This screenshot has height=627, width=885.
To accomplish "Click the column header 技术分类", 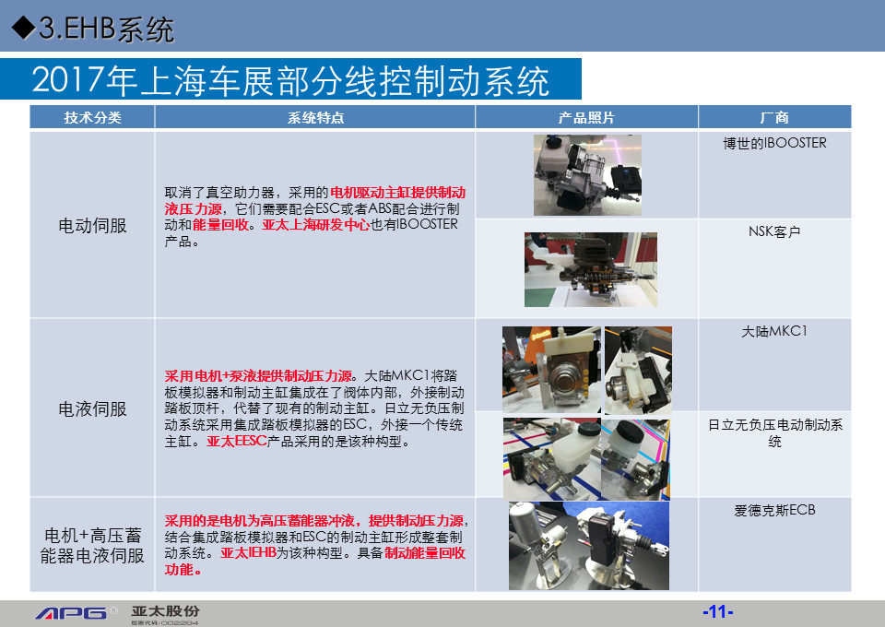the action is click(92, 117).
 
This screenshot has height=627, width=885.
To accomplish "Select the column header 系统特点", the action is click(315, 117).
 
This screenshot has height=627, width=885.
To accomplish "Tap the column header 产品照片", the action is click(586, 117).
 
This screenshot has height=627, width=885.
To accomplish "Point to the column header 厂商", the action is click(774, 117).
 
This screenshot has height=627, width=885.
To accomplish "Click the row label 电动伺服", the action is click(92, 226).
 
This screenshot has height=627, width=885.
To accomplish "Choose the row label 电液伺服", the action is click(92, 409).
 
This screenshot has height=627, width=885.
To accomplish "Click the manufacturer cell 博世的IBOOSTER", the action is click(774, 143).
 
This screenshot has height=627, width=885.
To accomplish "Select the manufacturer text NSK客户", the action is click(774, 231).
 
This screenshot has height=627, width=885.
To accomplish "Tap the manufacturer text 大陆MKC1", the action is click(774, 331).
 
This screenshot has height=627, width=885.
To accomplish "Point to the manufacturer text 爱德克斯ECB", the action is click(774, 510).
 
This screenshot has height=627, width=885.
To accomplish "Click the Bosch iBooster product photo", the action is click(587, 175).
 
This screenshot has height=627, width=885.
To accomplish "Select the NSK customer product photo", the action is click(590, 270).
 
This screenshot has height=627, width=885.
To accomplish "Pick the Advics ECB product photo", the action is click(589, 546).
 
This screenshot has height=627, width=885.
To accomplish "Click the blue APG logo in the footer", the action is click(72, 613).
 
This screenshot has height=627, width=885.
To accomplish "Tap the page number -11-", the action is click(718, 611).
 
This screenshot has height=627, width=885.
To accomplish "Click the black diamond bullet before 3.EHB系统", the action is click(23, 27).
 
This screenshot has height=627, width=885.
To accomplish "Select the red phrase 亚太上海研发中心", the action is click(315, 225).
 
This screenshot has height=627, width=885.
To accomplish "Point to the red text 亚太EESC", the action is click(237, 441).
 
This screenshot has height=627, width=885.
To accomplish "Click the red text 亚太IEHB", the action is click(248, 553).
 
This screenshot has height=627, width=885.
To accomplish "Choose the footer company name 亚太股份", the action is click(165, 611).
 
